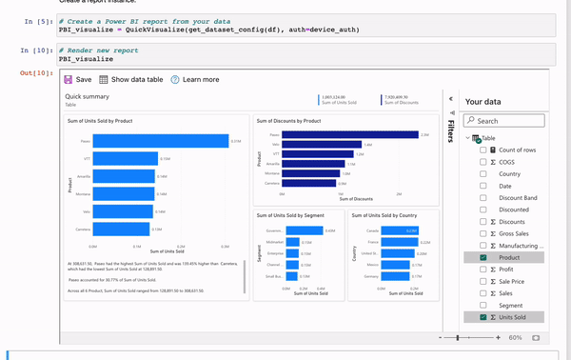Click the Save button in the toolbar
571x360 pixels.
click(77, 80)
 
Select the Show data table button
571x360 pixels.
click(130, 80)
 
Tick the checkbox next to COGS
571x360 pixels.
click(483, 162)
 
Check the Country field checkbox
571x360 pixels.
click(483, 174)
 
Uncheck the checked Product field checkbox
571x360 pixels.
click(483, 257)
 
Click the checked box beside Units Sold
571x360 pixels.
click(483, 316)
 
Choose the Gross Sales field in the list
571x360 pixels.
click(515, 233)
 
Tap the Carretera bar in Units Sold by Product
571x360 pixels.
click(114, 230)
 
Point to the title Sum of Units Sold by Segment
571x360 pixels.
click(292, 215)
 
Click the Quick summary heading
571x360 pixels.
click(87, 96)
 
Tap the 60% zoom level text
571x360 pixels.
click(515, 337)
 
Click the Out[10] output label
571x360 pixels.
click(34, 72)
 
